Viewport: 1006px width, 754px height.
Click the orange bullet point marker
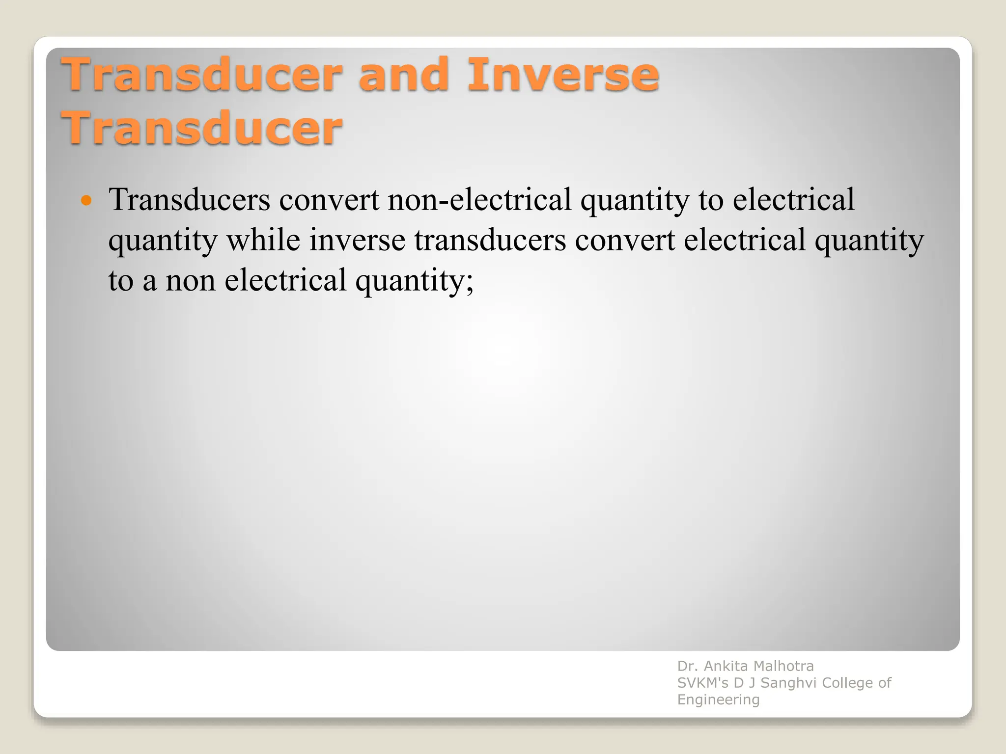pos(86,200)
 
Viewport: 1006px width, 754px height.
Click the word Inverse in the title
pos(562,75)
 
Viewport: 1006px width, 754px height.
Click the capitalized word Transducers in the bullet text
pos(190,200)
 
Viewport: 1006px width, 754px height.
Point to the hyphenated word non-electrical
pos(479,200)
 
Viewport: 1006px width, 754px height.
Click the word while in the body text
pos(263,241)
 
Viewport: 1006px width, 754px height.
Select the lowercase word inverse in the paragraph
pos(357,241)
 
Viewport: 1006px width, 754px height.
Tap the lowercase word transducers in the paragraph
pos(490,241)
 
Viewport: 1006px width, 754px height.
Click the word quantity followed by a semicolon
pos(414,281)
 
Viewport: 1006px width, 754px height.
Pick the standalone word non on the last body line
pos(190,281)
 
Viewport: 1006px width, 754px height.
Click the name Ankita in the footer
pos(726,666)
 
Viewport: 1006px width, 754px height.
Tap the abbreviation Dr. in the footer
pos(688,666)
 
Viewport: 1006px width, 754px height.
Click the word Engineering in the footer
pos(718,700)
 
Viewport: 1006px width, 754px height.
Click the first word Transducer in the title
pos(201,75)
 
